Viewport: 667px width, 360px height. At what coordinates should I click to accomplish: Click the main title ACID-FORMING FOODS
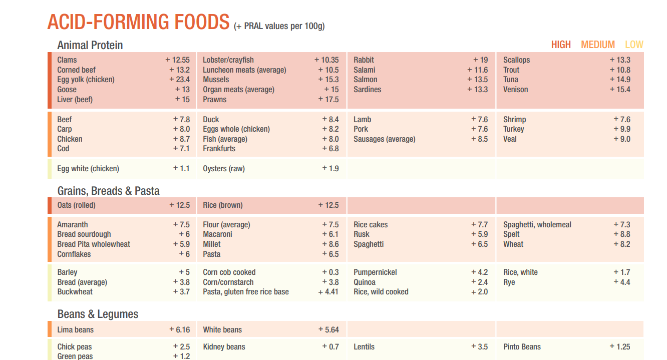138,23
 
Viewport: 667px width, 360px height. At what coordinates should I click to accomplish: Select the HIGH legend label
561,45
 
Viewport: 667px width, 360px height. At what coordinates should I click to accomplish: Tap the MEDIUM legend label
598,45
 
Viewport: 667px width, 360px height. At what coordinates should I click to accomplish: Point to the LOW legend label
634,45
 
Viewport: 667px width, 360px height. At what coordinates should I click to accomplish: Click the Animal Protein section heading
90,45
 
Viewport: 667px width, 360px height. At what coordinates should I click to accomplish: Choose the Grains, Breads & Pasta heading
108,191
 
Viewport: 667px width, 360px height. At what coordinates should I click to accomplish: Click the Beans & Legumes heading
98,314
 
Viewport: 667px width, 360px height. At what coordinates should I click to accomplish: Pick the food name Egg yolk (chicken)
86,80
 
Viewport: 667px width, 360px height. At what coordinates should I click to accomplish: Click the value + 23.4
179,80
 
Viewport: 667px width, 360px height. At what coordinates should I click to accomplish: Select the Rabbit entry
364,60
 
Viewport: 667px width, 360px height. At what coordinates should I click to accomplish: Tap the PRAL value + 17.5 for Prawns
328,99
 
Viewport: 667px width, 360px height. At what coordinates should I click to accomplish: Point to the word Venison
515,90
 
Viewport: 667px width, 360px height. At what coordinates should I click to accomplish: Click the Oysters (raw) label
223,169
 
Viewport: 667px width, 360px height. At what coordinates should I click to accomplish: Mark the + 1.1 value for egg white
181,169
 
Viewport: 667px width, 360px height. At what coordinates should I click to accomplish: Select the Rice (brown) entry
222,205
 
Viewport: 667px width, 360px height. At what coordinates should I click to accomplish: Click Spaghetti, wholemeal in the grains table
537,225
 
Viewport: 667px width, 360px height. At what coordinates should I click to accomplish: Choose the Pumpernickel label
375,272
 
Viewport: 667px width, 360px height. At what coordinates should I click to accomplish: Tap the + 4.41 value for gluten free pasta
328,292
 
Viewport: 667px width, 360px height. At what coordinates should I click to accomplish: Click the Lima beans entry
75,330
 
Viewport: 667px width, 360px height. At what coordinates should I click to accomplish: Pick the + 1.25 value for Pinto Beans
619,346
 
